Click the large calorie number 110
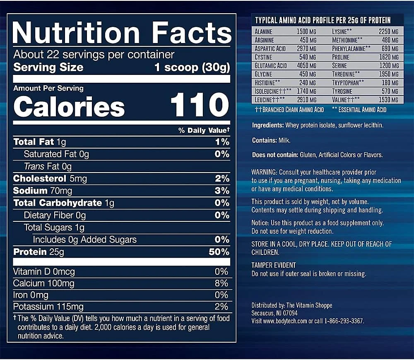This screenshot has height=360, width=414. pyautogui.click(x=200, y=105)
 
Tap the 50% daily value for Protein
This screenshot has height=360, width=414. pyautogui.click(x=219, y=252)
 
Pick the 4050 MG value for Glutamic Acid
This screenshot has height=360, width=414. pyautogui.click(x=306, y=66)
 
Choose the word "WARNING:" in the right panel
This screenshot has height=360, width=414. pyautogui.click(x=265, y=172)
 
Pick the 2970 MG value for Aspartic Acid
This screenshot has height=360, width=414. pyautogui.click(x=306, y=48)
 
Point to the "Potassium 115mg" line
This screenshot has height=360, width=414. pyautogui.click(x=48, y=307)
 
